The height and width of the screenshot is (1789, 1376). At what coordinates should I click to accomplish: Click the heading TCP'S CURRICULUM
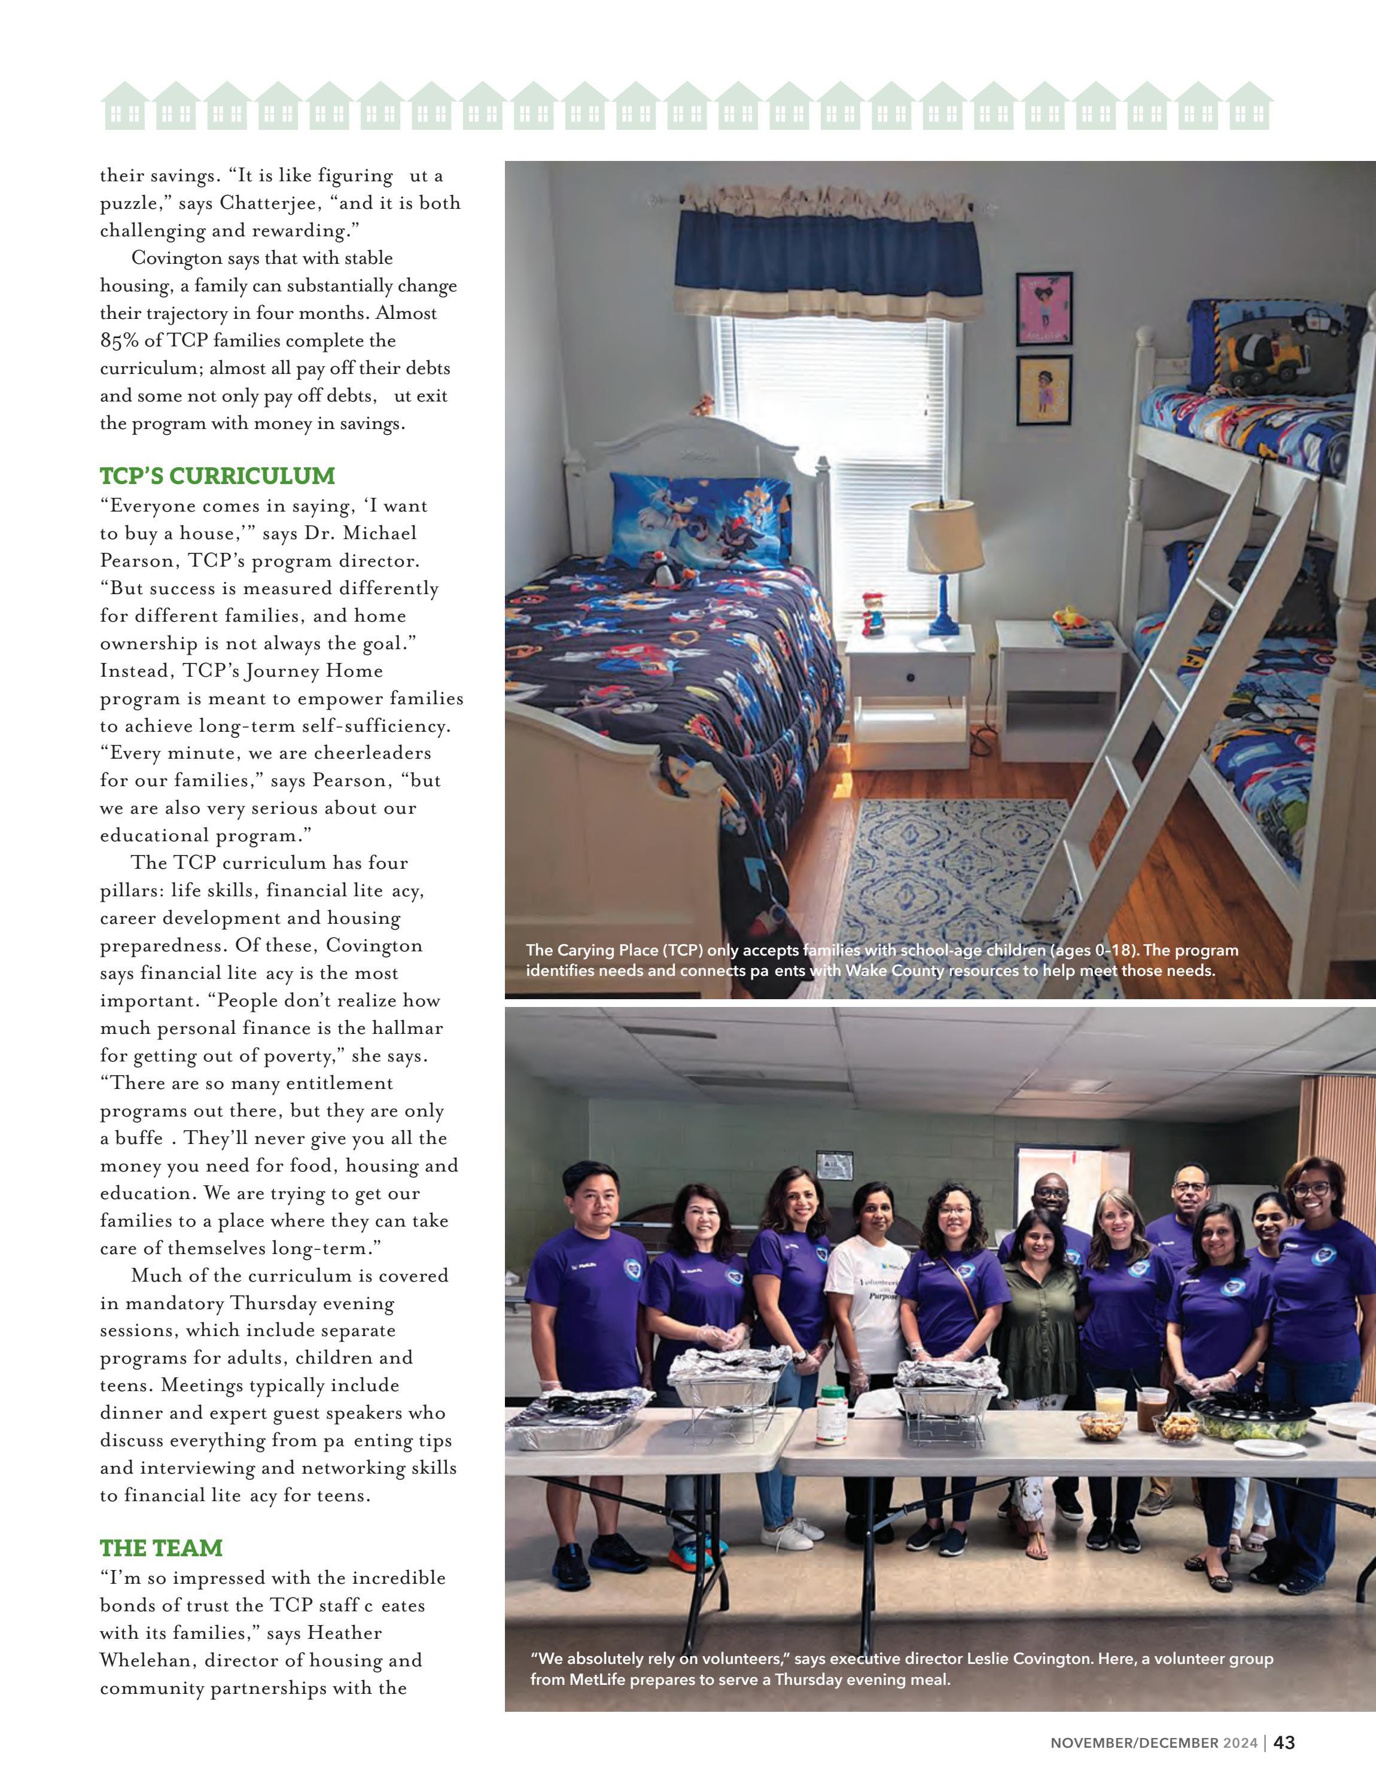(217, 476)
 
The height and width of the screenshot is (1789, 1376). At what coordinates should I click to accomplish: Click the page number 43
(1284, 1765)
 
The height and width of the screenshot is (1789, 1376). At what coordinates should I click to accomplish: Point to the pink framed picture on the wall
(1043, 309)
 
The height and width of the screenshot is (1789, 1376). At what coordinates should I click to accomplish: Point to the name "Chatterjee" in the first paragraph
(270, 203)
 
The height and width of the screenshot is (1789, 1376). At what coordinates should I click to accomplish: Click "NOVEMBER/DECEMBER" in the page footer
(1134, 1766)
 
